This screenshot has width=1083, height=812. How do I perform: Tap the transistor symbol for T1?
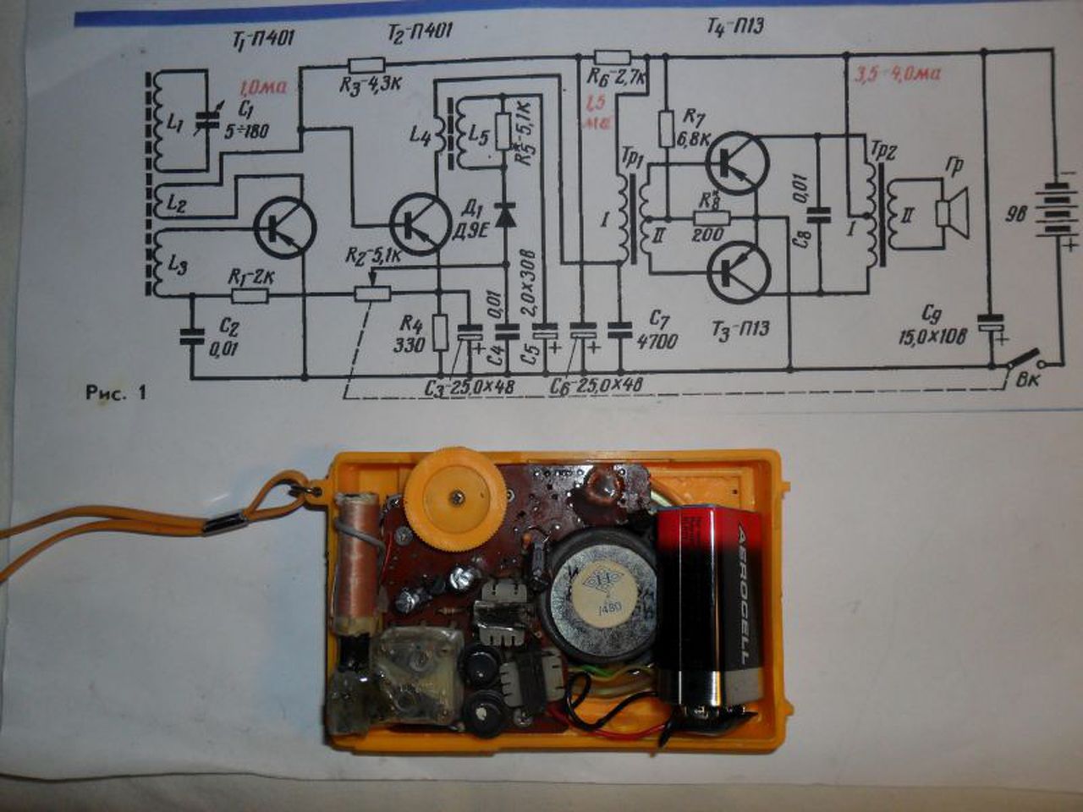coord(284,226)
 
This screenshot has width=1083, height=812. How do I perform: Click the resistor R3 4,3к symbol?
coord(366,64)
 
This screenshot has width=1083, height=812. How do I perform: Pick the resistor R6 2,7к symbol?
coord(612,57)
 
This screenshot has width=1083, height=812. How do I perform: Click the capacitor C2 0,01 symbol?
coord(191,335)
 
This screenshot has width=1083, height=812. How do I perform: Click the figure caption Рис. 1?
coord(116,392)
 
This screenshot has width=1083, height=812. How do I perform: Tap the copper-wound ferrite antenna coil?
coord(355,563)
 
